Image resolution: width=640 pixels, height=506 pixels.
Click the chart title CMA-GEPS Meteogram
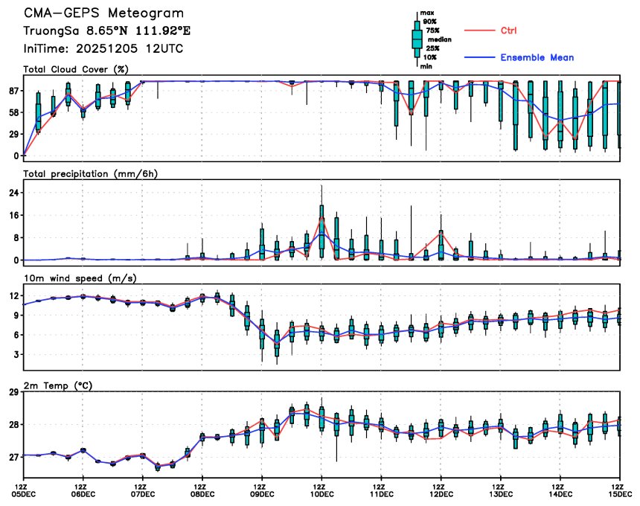(103, 13)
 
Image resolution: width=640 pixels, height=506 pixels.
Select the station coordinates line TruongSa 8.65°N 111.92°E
(107, 31)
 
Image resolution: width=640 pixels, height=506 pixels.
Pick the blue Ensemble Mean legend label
(537, 57)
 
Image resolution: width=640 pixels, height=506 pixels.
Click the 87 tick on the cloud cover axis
(13, 91)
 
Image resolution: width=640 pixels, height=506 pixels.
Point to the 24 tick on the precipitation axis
(13, 193)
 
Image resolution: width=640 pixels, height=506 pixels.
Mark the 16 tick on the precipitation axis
(13, 215)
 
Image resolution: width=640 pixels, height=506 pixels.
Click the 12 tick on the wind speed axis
(13, 295)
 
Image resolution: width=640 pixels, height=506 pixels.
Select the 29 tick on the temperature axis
(13, 392)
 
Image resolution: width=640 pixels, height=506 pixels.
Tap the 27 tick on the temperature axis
(13, 457)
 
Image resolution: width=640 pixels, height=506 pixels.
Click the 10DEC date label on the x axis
(321, 493)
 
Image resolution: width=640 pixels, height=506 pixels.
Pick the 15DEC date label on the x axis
(621, 493)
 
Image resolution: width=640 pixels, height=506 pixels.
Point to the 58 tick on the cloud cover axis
(13, 112)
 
